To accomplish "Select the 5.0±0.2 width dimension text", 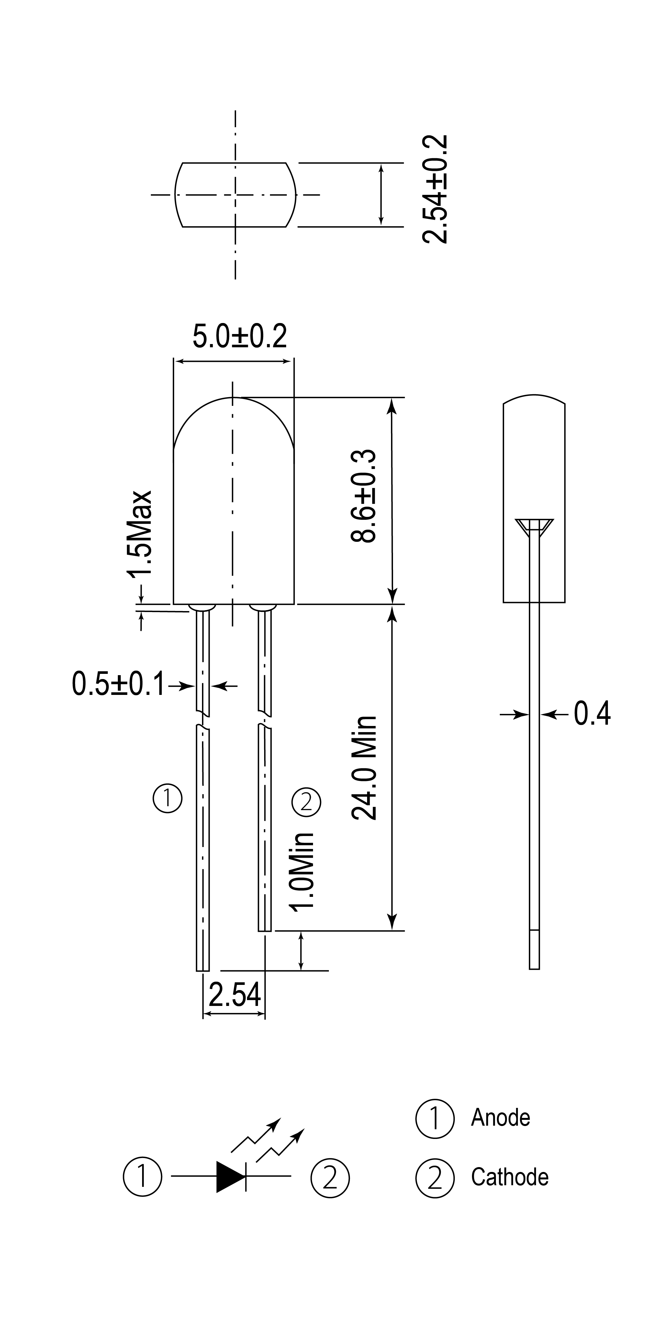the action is click(240, 336).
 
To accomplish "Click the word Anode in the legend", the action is click(500, 1117).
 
